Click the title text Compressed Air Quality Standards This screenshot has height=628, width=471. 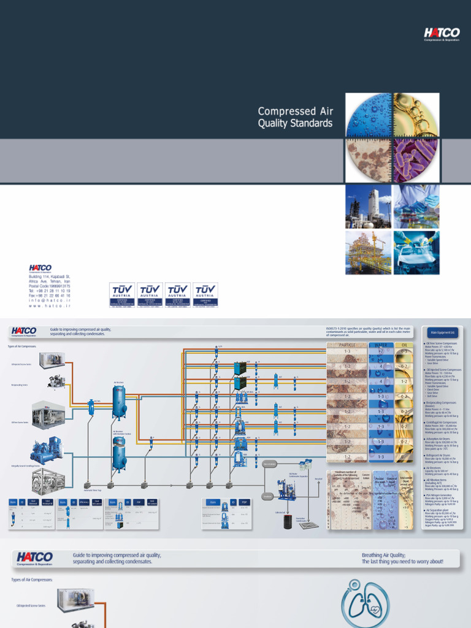pos(295,117)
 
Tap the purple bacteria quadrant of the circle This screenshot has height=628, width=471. pos(416,161)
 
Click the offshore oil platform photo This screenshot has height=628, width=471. pos(368,252)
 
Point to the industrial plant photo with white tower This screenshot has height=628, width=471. pos(368,207)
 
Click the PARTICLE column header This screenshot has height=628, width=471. pos(347,345)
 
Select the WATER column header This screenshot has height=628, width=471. pos(380,345)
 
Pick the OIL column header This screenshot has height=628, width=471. pos(404,345)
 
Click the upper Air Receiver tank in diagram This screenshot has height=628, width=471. pos(119,402)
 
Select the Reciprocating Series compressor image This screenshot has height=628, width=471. pos(57,381)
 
